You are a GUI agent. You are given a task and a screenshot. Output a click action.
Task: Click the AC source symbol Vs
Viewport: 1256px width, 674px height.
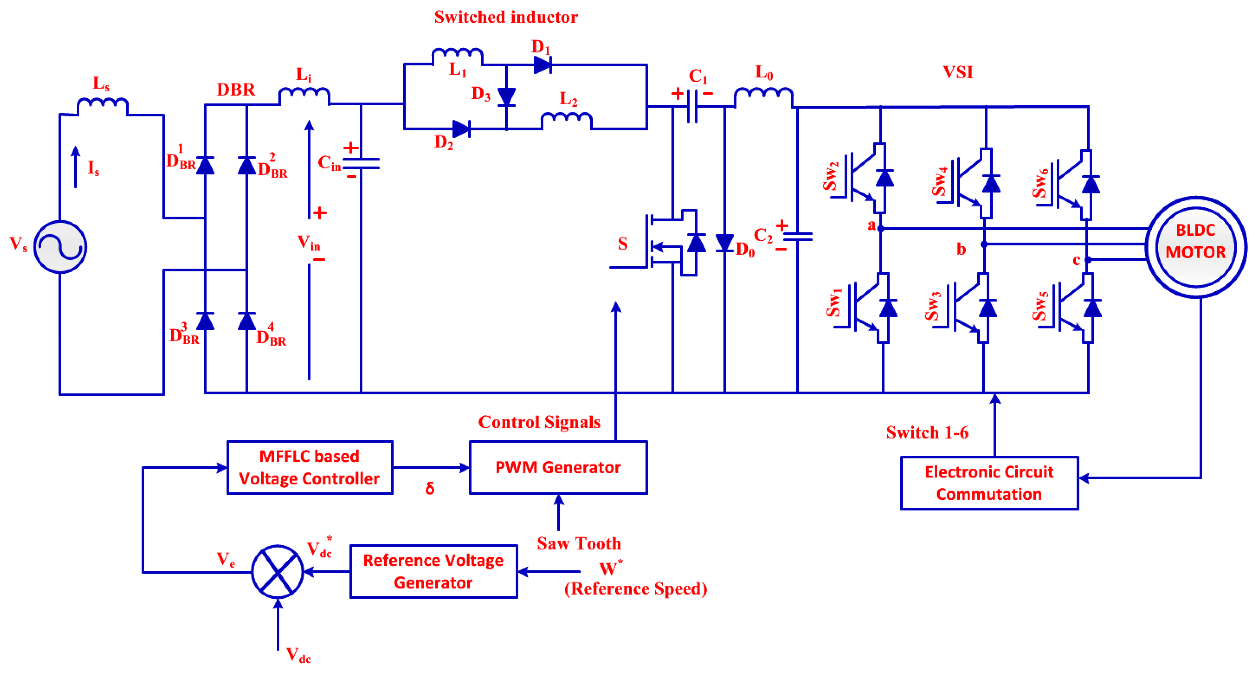(60, 247)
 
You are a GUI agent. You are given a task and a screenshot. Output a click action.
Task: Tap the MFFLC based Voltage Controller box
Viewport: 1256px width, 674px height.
(310, 467)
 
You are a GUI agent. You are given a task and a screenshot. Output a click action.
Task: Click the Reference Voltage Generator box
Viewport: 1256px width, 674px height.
(433, 571)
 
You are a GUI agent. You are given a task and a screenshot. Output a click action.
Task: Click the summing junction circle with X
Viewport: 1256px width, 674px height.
(277, 571)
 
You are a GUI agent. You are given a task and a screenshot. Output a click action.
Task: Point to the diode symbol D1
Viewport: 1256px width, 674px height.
(542, 64)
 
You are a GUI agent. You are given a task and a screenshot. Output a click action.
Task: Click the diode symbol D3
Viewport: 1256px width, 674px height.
(507, 96)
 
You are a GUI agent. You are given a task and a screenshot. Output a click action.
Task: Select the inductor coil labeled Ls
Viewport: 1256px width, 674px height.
(103, 105)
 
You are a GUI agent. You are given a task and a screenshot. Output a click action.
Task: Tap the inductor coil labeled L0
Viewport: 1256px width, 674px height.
(763, 96)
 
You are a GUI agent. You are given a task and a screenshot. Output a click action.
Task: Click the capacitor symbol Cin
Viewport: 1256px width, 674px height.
(361, 163)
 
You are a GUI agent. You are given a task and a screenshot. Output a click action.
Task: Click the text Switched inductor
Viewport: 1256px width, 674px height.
(506, 17)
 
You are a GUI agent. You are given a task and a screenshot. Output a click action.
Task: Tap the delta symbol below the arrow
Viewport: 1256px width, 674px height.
(430, 488)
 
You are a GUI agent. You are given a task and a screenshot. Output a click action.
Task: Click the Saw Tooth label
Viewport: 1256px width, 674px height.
(579, 543)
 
